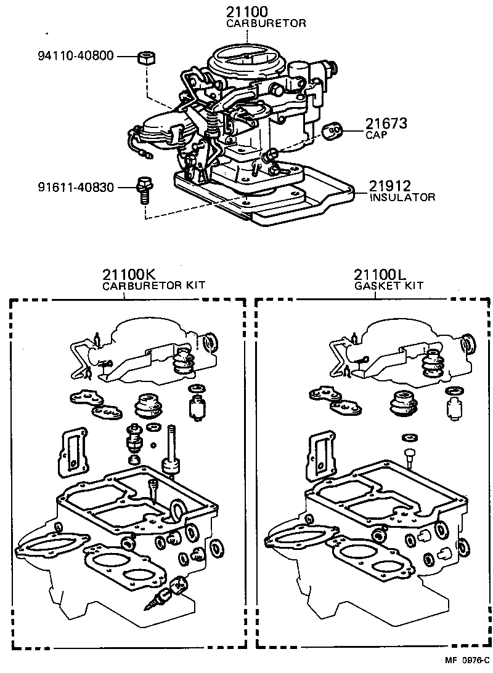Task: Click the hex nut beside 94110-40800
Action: point(147,58)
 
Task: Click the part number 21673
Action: point(386,123)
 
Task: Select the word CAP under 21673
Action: point(377,135)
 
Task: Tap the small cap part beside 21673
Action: point(335,129)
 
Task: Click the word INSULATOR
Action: point(402,197)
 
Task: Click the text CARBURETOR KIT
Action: point(153,285)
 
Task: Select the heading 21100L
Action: point(380,274)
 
